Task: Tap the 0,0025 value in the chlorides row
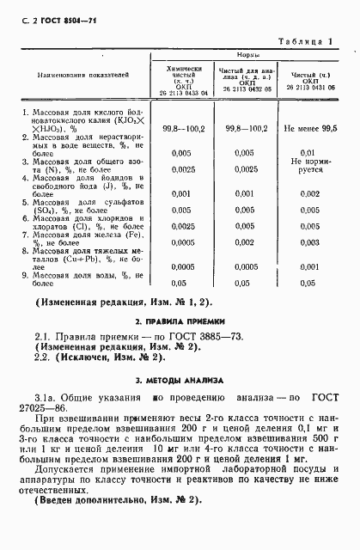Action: coord(180,226)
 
